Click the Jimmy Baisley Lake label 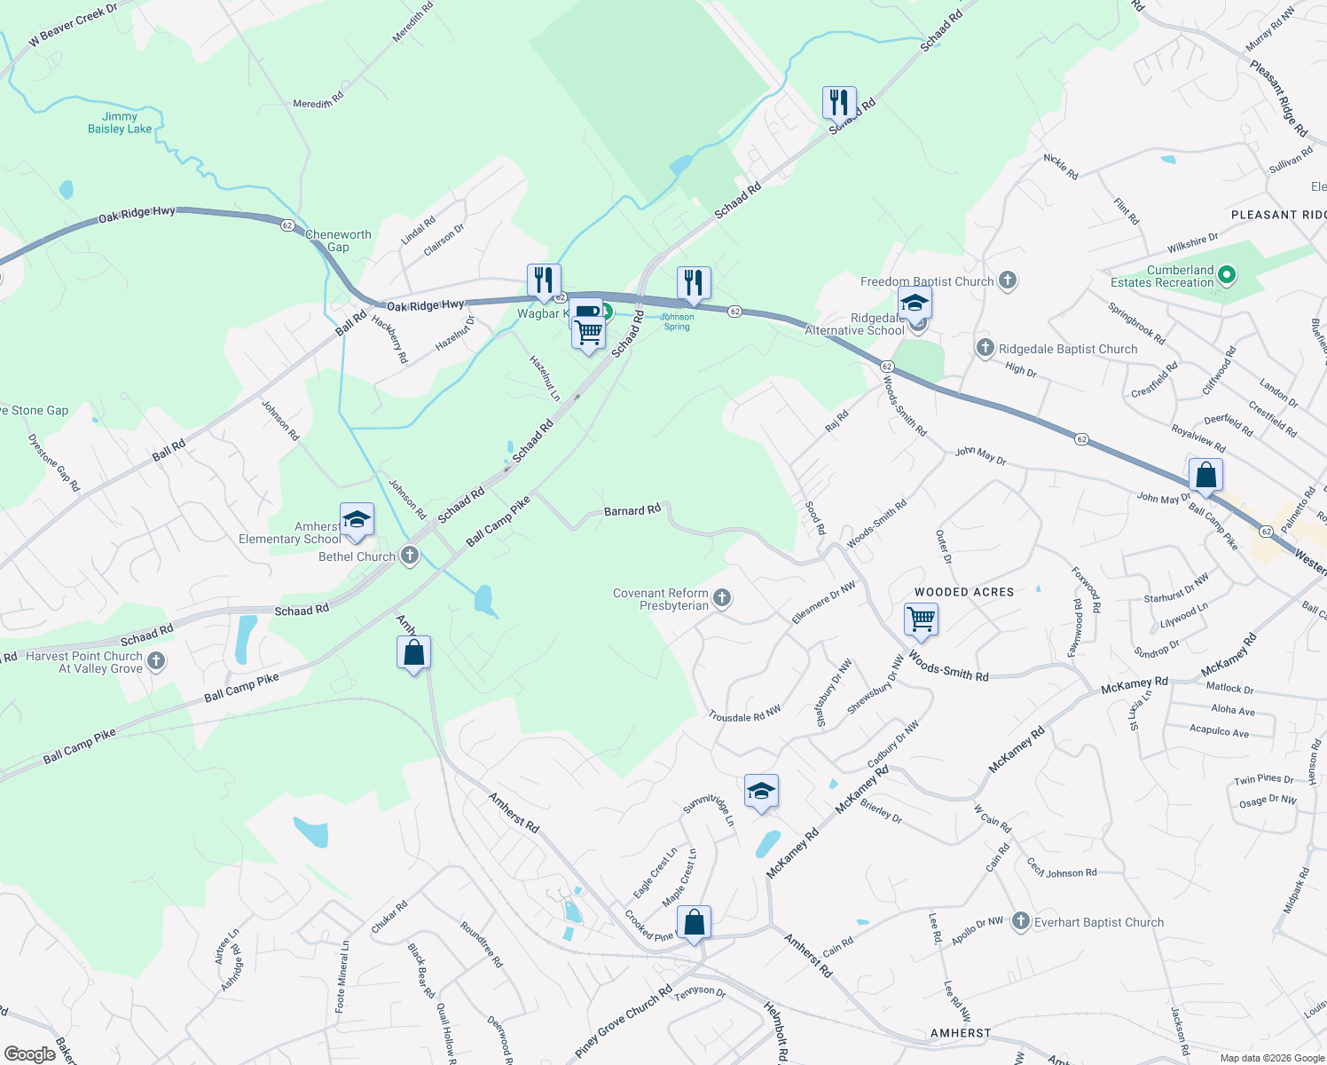click(120, 122)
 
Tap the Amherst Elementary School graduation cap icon click(357, 520)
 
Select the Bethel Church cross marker click(409, 556)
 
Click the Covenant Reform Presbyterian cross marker click(722, 598)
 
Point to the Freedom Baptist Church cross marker click(1007, 281)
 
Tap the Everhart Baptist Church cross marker click(1021, 922)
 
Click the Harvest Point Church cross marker click(156, 660)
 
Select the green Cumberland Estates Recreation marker click(1227, 275)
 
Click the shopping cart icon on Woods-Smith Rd click(922, 619)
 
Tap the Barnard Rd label click(632, 510)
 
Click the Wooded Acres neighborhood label click(964, 592)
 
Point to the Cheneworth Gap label click(338, 241)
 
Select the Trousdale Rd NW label click(744, 714)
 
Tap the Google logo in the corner click(29, 1054)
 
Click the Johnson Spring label click(677, 321)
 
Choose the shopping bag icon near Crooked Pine click(694, 923)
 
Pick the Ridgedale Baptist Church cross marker click(985, 348)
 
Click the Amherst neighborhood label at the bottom click(961, 1033)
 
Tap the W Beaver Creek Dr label click(73, 26)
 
